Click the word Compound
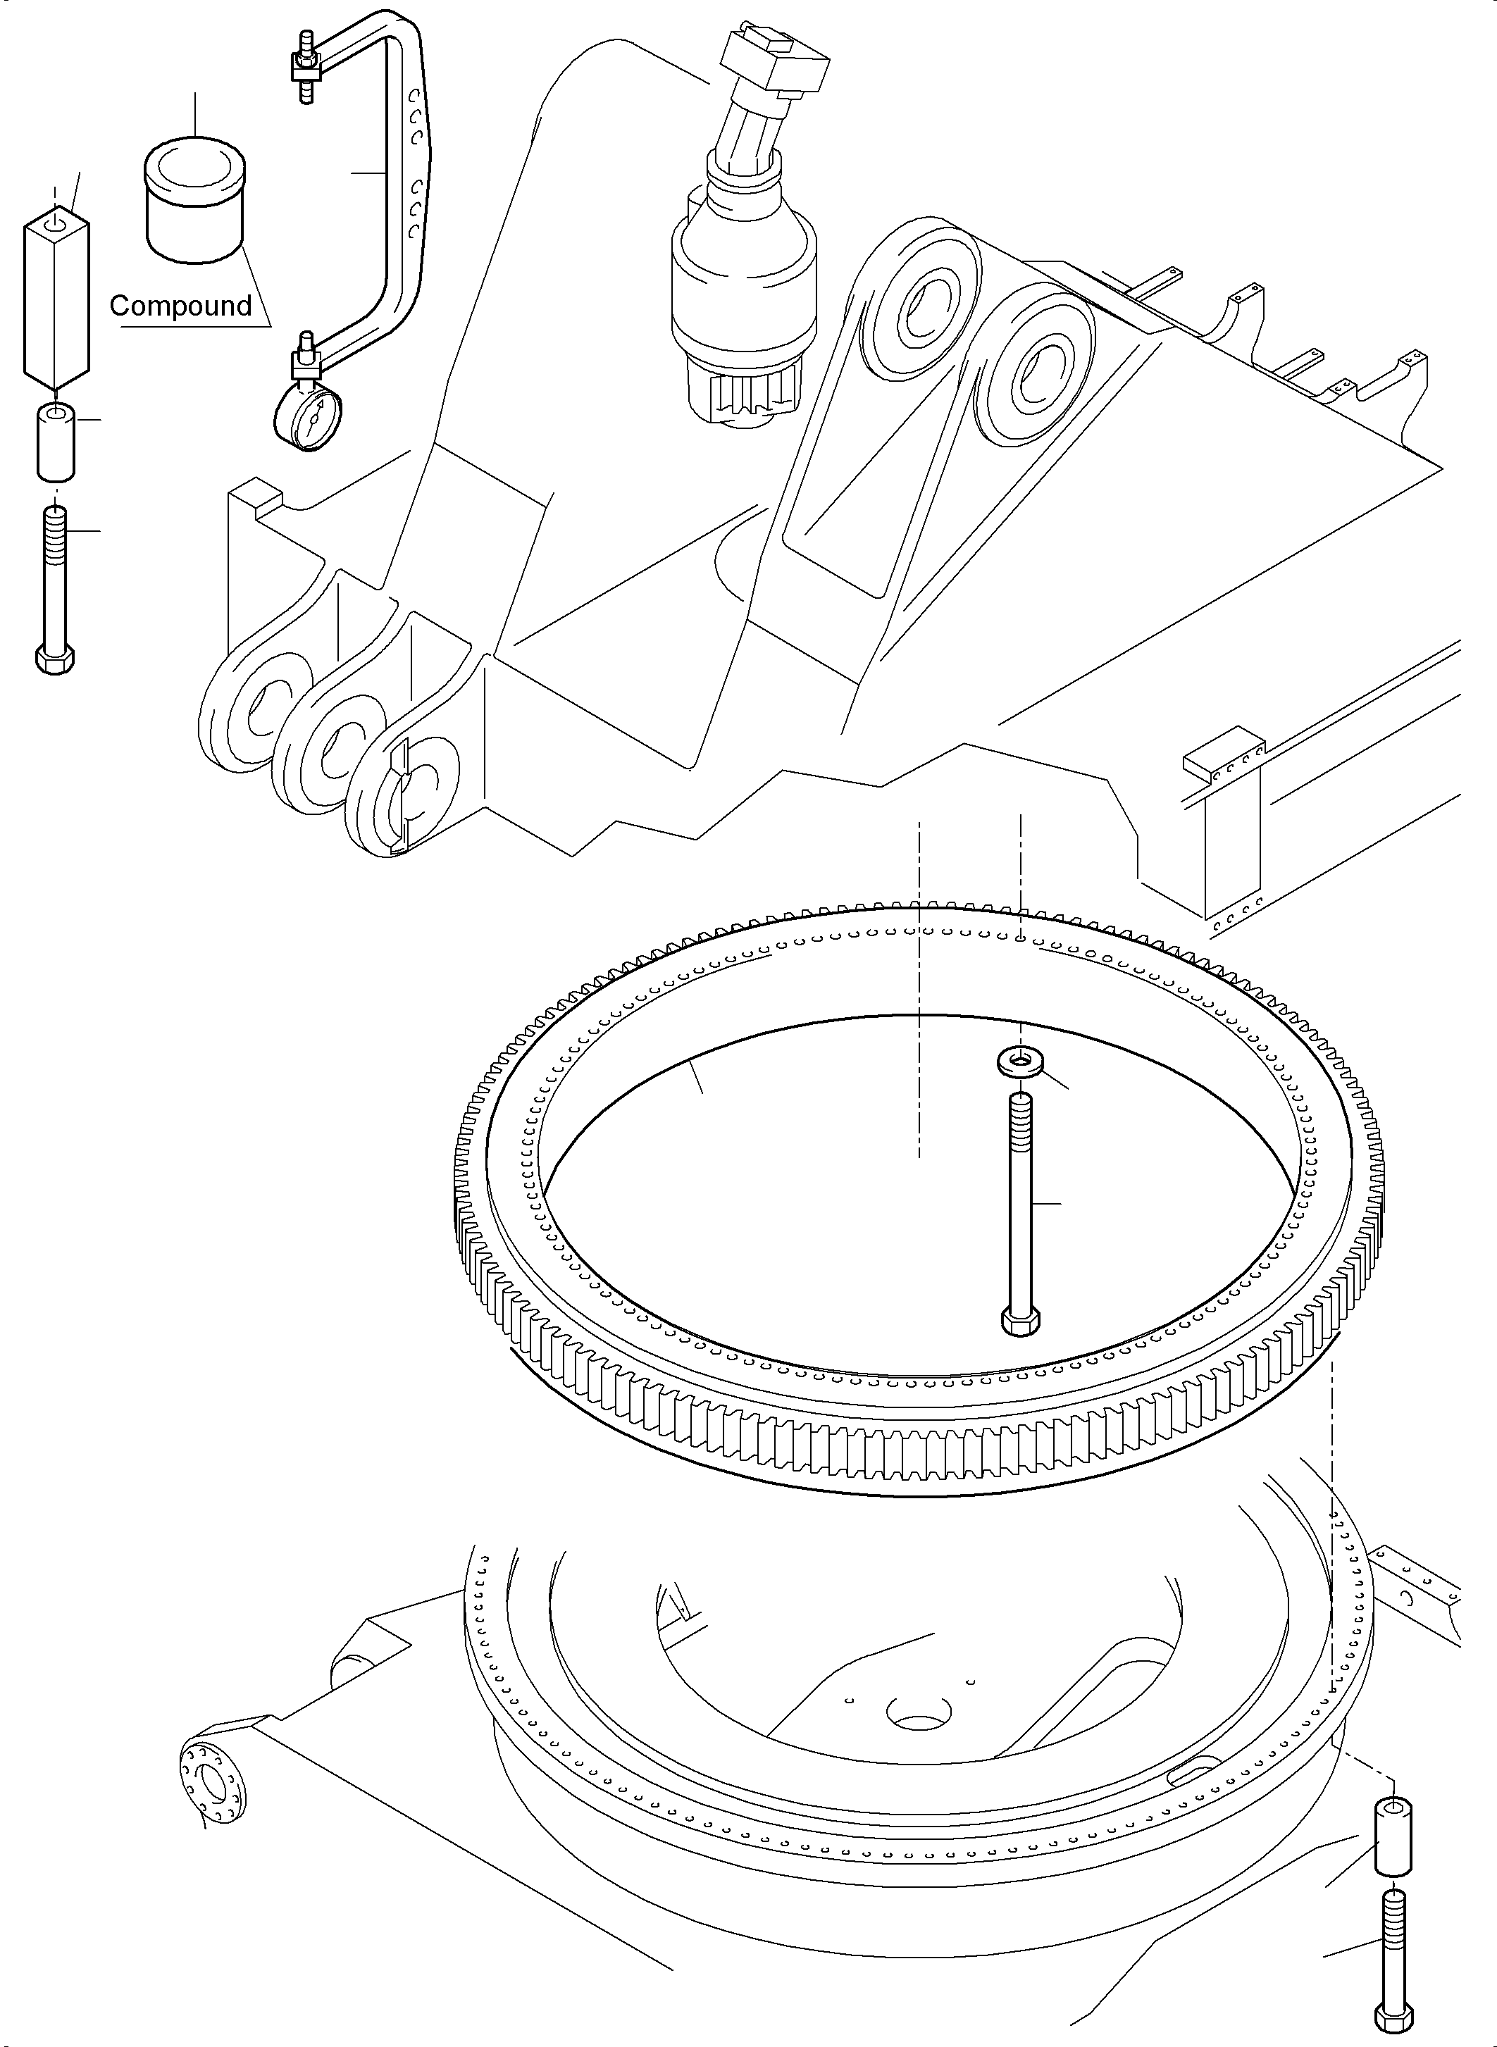[180, 306]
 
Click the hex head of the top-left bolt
[54, 658]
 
